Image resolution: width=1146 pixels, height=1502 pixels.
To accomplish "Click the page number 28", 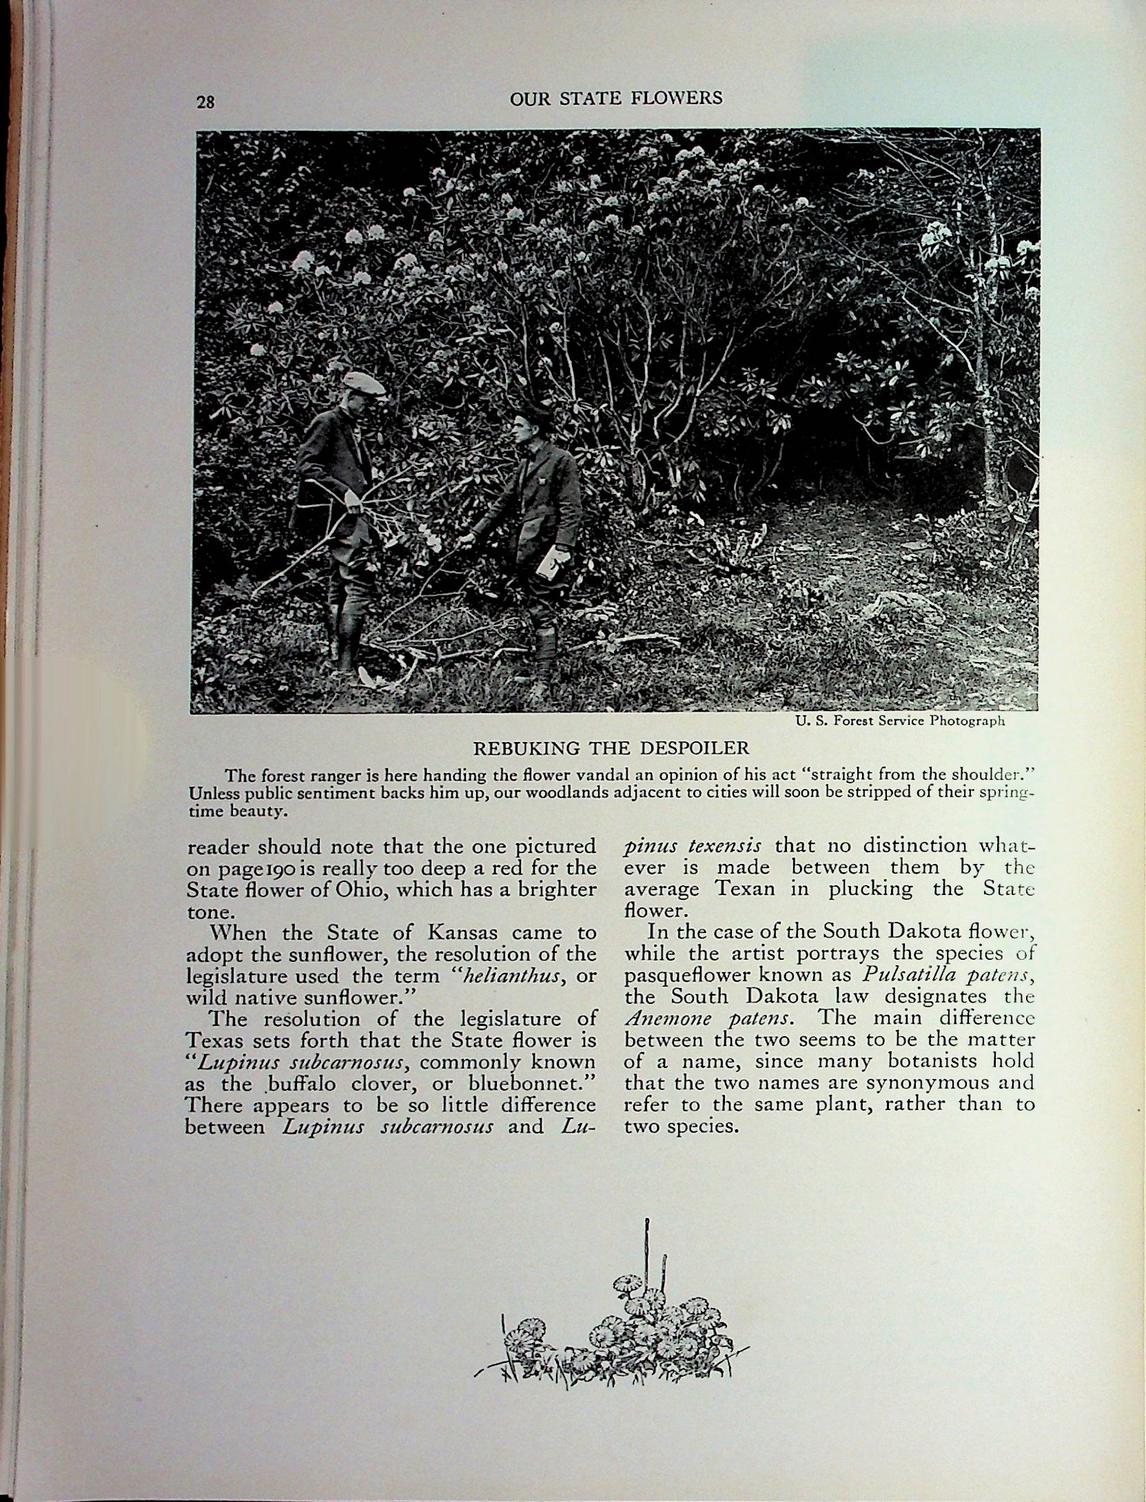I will coord(205,102).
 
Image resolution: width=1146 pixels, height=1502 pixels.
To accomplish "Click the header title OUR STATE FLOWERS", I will coord(616,98).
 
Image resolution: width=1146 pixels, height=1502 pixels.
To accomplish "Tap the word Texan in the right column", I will coord(744,889).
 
